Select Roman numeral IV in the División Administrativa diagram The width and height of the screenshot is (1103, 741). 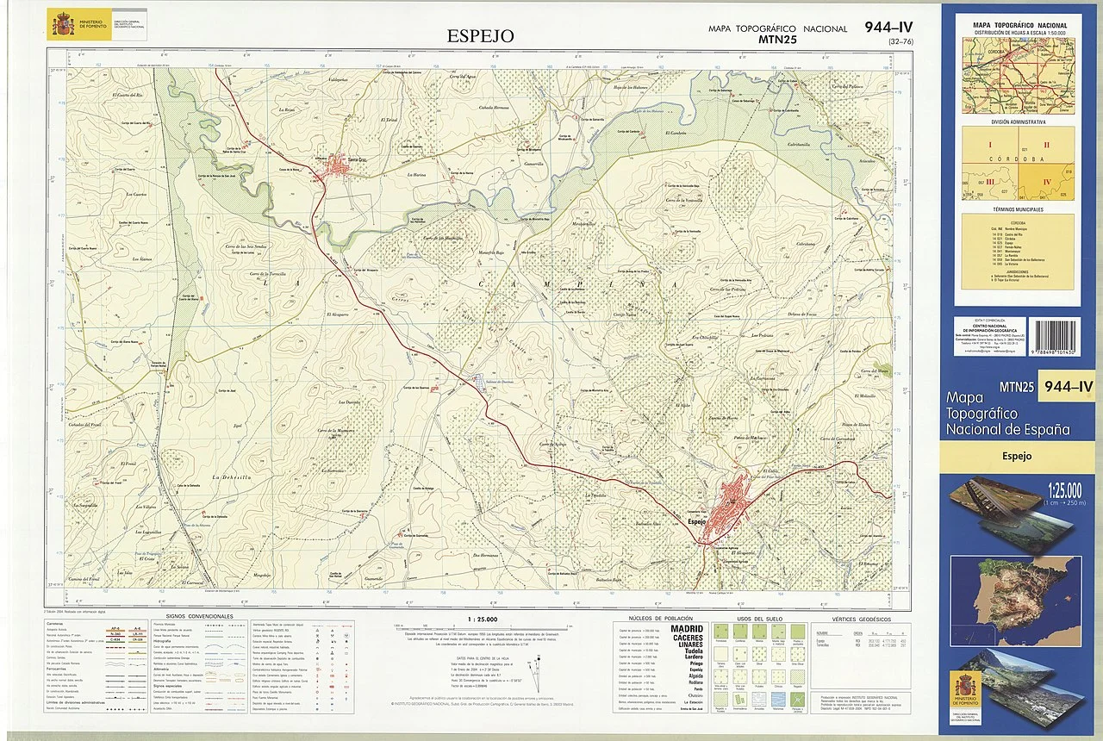pos(1048,182)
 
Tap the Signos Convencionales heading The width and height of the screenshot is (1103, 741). pos(199,617)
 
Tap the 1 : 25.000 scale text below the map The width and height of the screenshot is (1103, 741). pos(482,619)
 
